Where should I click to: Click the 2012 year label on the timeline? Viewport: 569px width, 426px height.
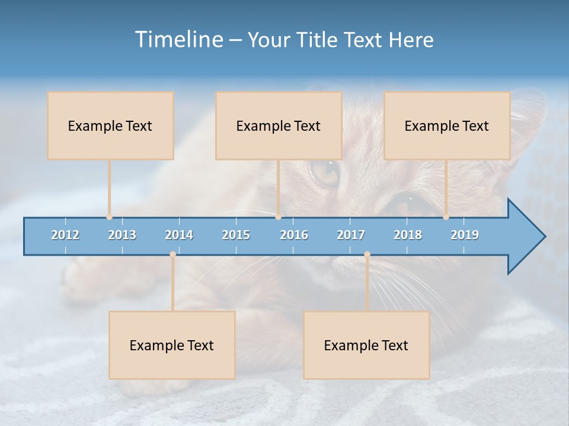[x=65, y=235]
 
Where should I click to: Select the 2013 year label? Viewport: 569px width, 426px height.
[x=122, y=235]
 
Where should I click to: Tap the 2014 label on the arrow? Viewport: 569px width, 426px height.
[x=179, y=235]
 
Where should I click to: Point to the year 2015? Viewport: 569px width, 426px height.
[x=236, y=235]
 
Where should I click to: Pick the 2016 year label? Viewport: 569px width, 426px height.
[x=294, y=235]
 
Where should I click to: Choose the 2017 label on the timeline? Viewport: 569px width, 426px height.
[x=351, y=235]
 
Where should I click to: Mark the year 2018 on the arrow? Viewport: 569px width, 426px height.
[x=408, y=235]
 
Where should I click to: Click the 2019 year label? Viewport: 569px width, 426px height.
[x=465, y=235]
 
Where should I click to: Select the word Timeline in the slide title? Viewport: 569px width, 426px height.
[x=178, y=40]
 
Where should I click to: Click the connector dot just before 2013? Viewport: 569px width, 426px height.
[x=109, y=217]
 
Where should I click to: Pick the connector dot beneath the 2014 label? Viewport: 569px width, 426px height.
[x=172, y=254]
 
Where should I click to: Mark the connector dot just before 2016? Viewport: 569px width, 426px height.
[x=278, y=217]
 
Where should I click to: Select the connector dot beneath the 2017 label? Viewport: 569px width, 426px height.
[x=367, y=254]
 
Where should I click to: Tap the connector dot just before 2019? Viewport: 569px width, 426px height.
[x=446, y=217]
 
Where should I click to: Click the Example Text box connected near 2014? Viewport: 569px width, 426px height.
[x=172, y=345]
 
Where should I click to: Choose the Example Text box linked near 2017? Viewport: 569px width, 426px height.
[x=366, y=345]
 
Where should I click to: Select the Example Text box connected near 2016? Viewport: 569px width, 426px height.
[x=279, y=125]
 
